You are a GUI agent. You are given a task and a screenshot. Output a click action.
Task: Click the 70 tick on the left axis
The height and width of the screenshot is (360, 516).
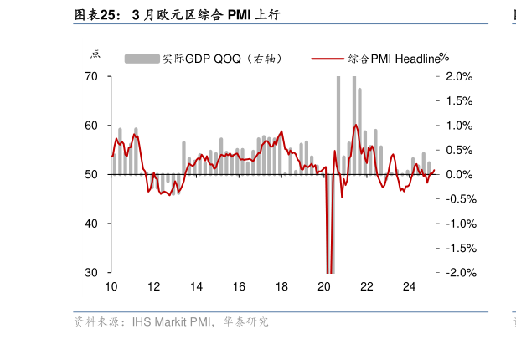92,77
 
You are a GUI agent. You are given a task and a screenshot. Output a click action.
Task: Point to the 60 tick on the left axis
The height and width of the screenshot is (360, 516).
92,126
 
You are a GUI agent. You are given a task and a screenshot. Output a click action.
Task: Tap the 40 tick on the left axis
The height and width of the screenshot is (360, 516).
92,224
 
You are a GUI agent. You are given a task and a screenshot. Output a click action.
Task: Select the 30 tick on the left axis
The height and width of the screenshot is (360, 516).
92,273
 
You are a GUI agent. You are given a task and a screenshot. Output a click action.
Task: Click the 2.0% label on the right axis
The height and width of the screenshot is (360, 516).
460,77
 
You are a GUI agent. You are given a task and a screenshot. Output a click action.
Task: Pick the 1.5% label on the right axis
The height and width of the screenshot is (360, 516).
460,101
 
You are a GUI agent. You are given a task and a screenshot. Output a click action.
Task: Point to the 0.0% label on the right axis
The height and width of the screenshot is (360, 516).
460,175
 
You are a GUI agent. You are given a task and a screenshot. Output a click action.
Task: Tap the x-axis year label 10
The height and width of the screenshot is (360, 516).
111,286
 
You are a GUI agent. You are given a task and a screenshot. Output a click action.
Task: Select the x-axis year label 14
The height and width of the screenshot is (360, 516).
196,286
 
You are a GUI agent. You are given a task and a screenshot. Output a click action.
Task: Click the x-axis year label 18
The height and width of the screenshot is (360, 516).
281,286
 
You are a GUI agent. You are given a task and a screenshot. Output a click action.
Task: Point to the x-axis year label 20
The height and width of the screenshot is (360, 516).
324,286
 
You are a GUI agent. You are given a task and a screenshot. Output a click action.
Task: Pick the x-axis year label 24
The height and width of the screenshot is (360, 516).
410,286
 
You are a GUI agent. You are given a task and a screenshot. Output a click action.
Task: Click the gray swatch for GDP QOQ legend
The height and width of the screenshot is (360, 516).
142,59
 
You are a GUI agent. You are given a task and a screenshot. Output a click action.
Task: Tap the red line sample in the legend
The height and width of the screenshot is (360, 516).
328,59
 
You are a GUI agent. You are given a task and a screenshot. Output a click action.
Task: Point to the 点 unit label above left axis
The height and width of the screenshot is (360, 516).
95,54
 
